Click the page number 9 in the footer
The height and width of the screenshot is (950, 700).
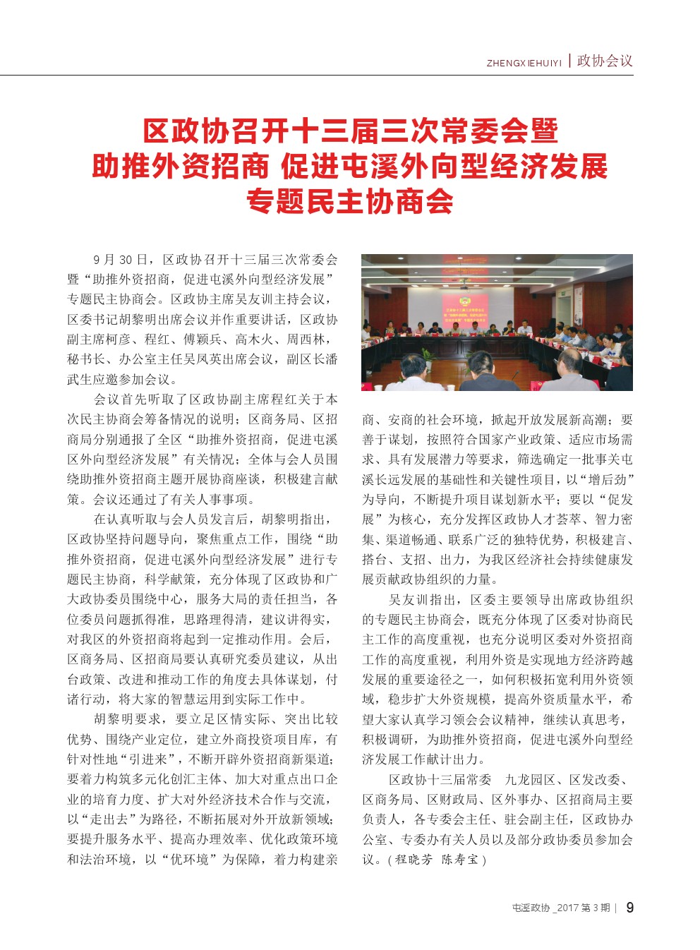tap(629, 908)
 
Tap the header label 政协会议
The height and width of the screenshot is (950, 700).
tap(605, 61)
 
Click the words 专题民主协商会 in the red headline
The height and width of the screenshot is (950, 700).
tap(349, 202)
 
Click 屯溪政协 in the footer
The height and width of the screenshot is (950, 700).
tap(531, 908)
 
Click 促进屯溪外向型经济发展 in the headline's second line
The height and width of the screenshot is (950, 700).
tap(444, 167)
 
